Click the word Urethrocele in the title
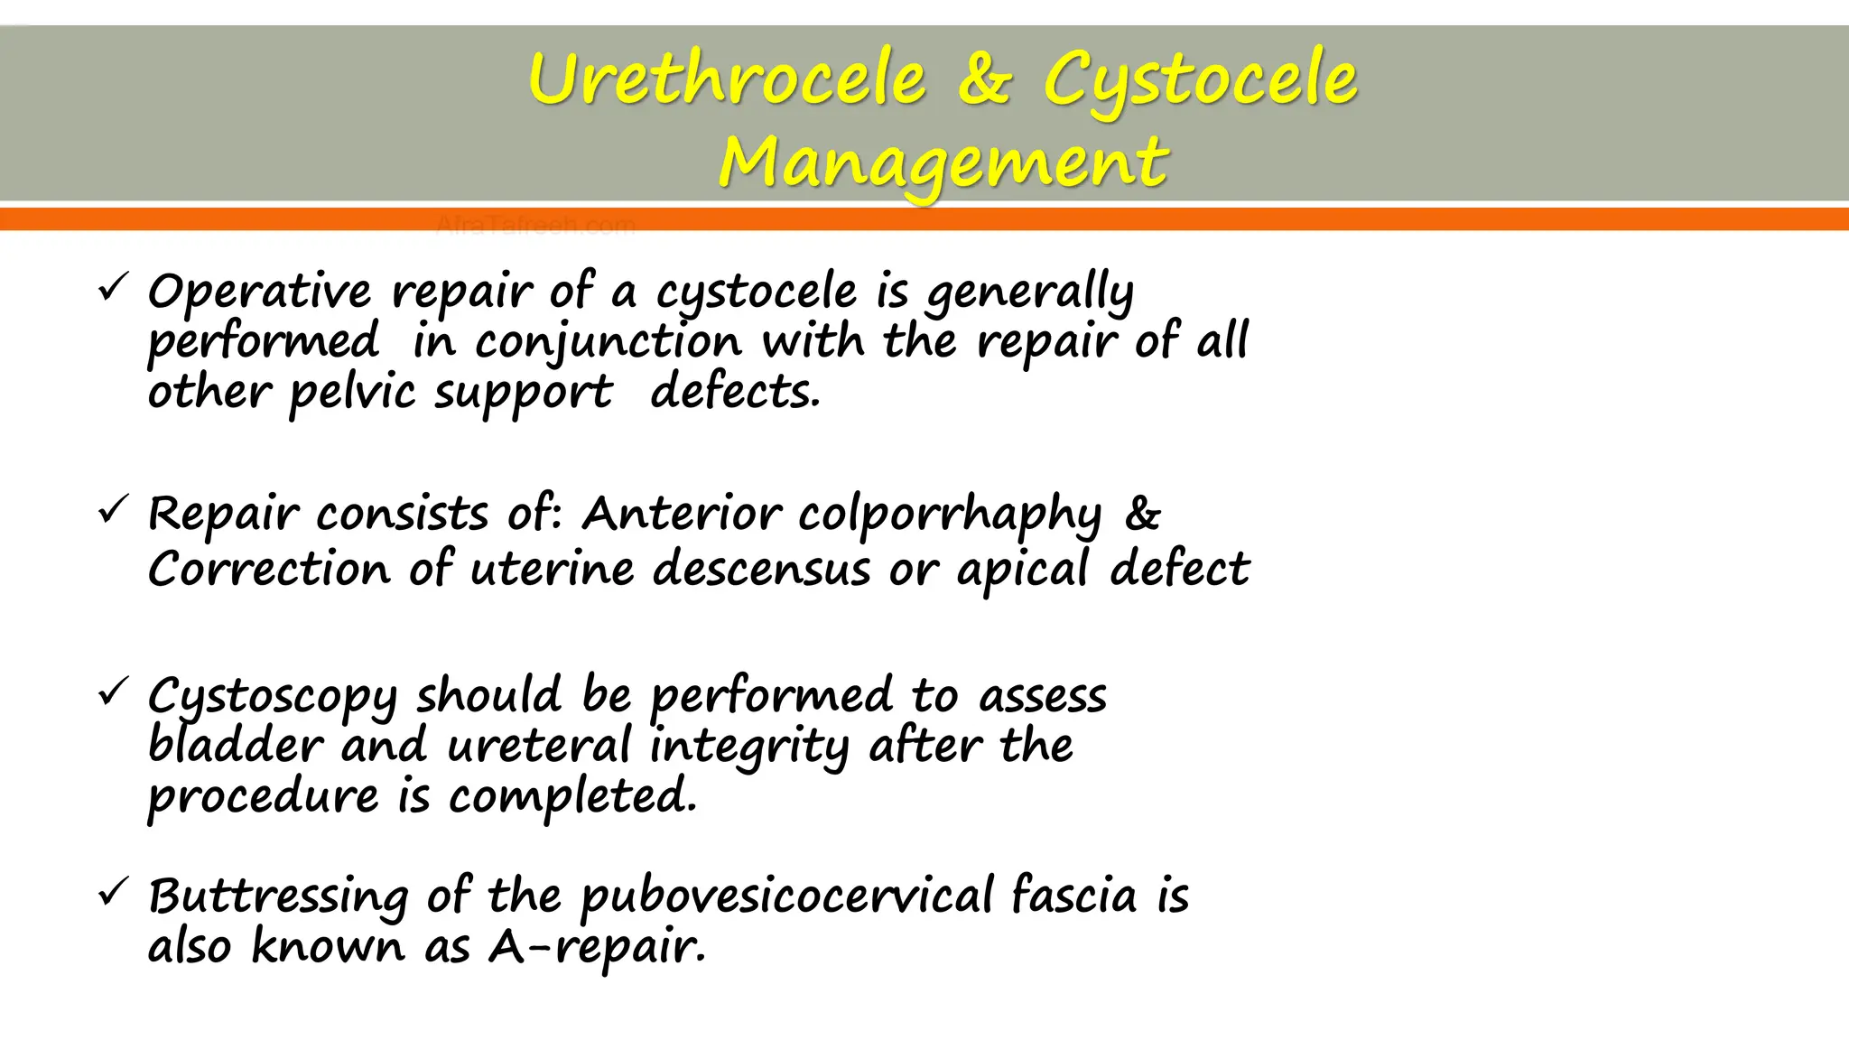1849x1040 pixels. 728,79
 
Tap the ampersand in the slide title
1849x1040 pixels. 984,79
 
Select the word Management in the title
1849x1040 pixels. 943,163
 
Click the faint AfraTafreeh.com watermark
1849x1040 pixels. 535,225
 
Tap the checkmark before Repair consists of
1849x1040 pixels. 113,511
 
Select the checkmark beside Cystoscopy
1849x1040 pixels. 113,693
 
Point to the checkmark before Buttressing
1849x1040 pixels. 113,894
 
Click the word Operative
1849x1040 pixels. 259,292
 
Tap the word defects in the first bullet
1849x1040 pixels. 735,393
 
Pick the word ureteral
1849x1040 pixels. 539,747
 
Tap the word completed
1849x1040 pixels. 572,797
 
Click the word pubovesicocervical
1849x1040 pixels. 786,897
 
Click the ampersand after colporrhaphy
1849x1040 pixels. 1143,513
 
